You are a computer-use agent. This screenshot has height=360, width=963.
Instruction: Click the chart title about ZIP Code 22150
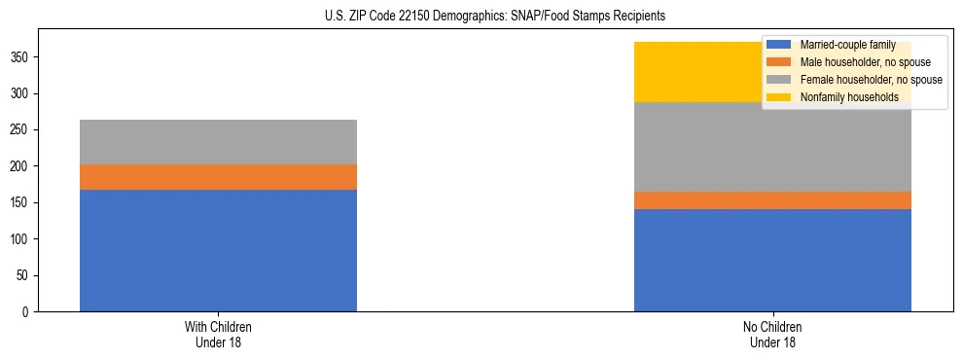tap(495, 17)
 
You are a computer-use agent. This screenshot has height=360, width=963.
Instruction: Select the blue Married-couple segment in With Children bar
tap(218, 250)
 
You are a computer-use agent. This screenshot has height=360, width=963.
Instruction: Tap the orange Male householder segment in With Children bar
tap(218, 177)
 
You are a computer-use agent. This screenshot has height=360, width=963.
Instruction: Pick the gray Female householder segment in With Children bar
tap(218, 142)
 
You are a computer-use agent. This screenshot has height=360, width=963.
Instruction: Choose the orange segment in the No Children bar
tap(772, 200)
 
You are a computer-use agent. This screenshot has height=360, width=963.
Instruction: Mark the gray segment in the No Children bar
tap(772, 147)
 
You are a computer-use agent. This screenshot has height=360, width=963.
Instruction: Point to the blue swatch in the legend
tap(779, 45)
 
